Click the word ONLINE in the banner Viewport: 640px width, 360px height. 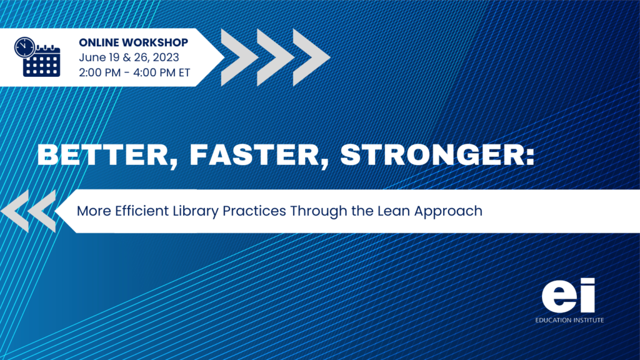99,42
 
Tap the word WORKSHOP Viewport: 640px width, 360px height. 155,42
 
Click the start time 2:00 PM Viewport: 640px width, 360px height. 99,72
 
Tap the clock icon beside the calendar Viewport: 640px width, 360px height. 24,47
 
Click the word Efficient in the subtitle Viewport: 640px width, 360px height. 142,211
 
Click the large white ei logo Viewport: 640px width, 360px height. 568,296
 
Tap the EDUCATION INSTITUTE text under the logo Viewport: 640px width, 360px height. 569,321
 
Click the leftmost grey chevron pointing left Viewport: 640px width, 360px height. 16,211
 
